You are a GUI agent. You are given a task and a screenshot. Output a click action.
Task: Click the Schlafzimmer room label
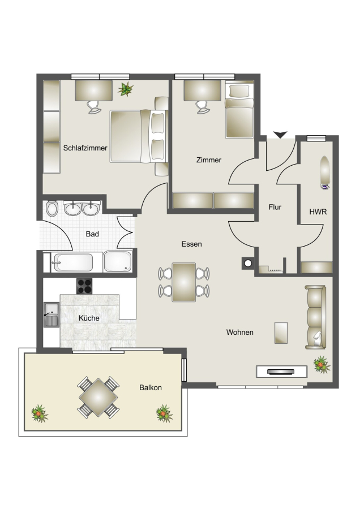tap(85, 148)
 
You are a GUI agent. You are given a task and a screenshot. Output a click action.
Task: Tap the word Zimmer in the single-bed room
tap(209, 159)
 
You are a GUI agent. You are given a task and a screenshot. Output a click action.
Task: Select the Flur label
tap(275, 207)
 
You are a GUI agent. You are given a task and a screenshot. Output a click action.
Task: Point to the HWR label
tap(318, 212)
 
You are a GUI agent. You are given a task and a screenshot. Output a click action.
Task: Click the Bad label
tap(92, 234)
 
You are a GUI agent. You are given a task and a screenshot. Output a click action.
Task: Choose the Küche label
tap(89, 318)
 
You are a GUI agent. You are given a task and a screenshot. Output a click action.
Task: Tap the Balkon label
tap(151, 387)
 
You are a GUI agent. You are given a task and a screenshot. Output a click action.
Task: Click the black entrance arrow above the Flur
tap(280, 135)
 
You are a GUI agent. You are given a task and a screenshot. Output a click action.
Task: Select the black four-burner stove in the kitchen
tap(84, 286)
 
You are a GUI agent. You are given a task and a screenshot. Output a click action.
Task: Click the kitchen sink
tap(52, 314)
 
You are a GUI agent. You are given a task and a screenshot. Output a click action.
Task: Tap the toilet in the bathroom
tap(52, 209)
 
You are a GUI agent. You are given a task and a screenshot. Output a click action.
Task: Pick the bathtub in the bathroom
tap(74, 262)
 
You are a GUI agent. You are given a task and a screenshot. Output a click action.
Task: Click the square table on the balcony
tap(98, 397)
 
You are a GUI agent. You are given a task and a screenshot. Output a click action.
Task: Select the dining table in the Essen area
tap(184, 282)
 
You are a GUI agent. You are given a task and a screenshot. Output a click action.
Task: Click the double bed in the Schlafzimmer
tap(139, 136)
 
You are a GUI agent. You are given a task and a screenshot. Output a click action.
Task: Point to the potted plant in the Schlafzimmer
tap(126, 89)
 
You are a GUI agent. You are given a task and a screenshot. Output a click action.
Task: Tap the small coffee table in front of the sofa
tap(281, 333)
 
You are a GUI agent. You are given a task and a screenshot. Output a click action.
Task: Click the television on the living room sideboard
tap(281, 372)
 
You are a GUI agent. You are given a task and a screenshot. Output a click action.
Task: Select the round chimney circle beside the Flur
tap(248, 263)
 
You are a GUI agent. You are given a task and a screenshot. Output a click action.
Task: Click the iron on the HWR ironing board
tap(325, 187)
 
